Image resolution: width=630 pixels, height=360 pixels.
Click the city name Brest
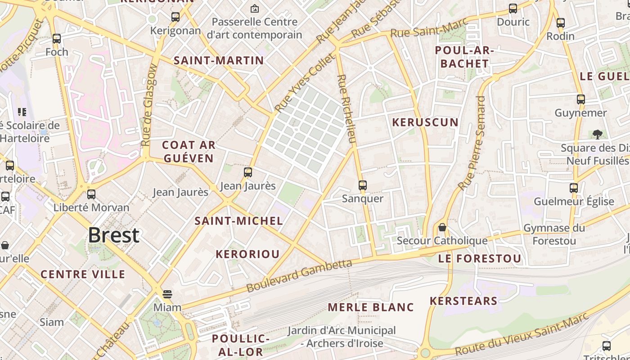tap(113, 235)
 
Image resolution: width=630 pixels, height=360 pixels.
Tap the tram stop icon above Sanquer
tap(362, 185)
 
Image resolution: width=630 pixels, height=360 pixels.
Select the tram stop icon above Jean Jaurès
tap(247, 172)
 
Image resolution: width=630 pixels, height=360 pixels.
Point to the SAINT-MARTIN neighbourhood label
tap(219, 60)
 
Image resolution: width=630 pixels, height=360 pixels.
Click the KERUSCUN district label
tap(425, 122)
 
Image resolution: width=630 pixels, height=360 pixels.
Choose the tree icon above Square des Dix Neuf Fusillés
tap(598, 134)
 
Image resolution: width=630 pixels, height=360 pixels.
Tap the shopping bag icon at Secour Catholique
tap(442, 228)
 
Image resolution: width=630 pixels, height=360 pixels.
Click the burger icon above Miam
tap(167, 294)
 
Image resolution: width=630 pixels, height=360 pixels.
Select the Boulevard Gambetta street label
tap(299, 275)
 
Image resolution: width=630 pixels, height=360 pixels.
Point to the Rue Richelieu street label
tap(346, 109)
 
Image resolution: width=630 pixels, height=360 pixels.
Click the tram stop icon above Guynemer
tap(581, 99)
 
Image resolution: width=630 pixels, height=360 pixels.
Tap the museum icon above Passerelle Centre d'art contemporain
tap(254, 8)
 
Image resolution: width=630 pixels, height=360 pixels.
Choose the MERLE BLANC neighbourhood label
tap(371, 307)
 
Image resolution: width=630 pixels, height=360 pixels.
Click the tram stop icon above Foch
tap(57, 39)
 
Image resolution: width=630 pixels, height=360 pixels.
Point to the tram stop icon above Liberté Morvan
tap(91, 194)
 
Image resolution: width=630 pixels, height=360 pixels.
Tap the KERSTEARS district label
tap(463, 301)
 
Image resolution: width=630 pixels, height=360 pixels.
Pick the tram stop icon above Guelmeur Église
tap(574, 188)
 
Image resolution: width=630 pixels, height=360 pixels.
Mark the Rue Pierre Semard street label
tap(472, 143)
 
